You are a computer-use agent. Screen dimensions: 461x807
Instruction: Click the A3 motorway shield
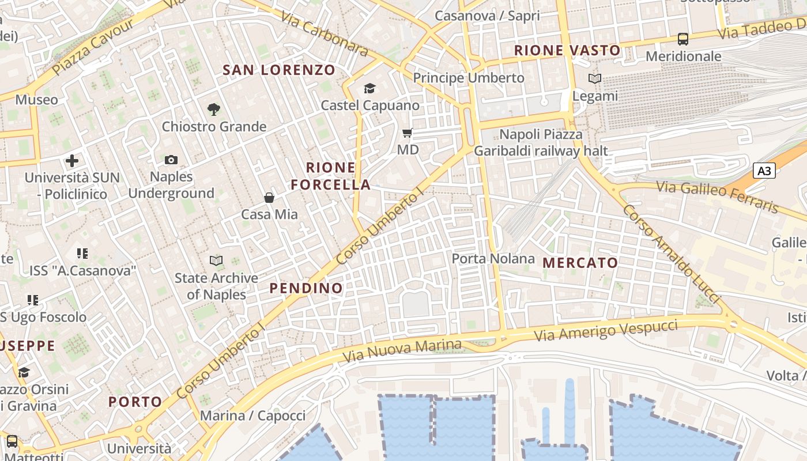pyautogui.click(x=764, y=171)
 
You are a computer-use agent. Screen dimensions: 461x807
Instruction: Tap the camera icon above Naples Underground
pyautogui.click(x=171, y=160)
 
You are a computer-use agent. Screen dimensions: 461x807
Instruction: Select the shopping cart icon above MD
pyautogui.click(x=408, y=134)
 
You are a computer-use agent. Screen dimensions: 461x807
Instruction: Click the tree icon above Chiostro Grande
pyautogui.click(x=214, y=109)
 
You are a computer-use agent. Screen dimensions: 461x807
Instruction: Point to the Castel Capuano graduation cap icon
pyautogui.click(x=369, y=88)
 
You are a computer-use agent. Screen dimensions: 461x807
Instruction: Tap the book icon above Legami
pyautogui.click(x=595, y=78)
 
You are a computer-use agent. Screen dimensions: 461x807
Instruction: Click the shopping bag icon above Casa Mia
pyautogui.click(x=269, y=198)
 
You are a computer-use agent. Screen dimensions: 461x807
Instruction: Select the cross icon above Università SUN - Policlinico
pyautogui.click(x=72, y=161)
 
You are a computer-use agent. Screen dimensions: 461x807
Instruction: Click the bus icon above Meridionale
pyautogui.click(x=683, y=39)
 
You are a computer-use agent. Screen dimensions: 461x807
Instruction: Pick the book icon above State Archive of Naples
pyautogui.click(x=216, y=260)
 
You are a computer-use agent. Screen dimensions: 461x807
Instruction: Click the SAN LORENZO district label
pyautogui.click(x=279, y=70)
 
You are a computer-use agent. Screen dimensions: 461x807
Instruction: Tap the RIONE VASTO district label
pyautogui.click(x=567, y=51)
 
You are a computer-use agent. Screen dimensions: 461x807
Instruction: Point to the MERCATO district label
pyautogui.click(x=580, y=263)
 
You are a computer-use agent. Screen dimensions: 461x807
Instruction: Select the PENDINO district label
pyautogui.click(x=306, y=288)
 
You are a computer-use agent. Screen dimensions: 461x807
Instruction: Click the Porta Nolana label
pyautogui.click(x=493, y=259)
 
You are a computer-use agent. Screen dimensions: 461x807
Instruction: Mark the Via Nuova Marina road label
pyautogui.click(x=402, y=350)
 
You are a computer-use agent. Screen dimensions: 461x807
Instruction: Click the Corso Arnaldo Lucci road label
pyautogui.click(x=671, y=254)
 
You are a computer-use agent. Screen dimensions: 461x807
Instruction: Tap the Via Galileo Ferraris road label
pyautogui.click(x=718, y=197)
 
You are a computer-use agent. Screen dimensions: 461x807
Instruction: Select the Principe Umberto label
pyautogui.click(x=469, y=78)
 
